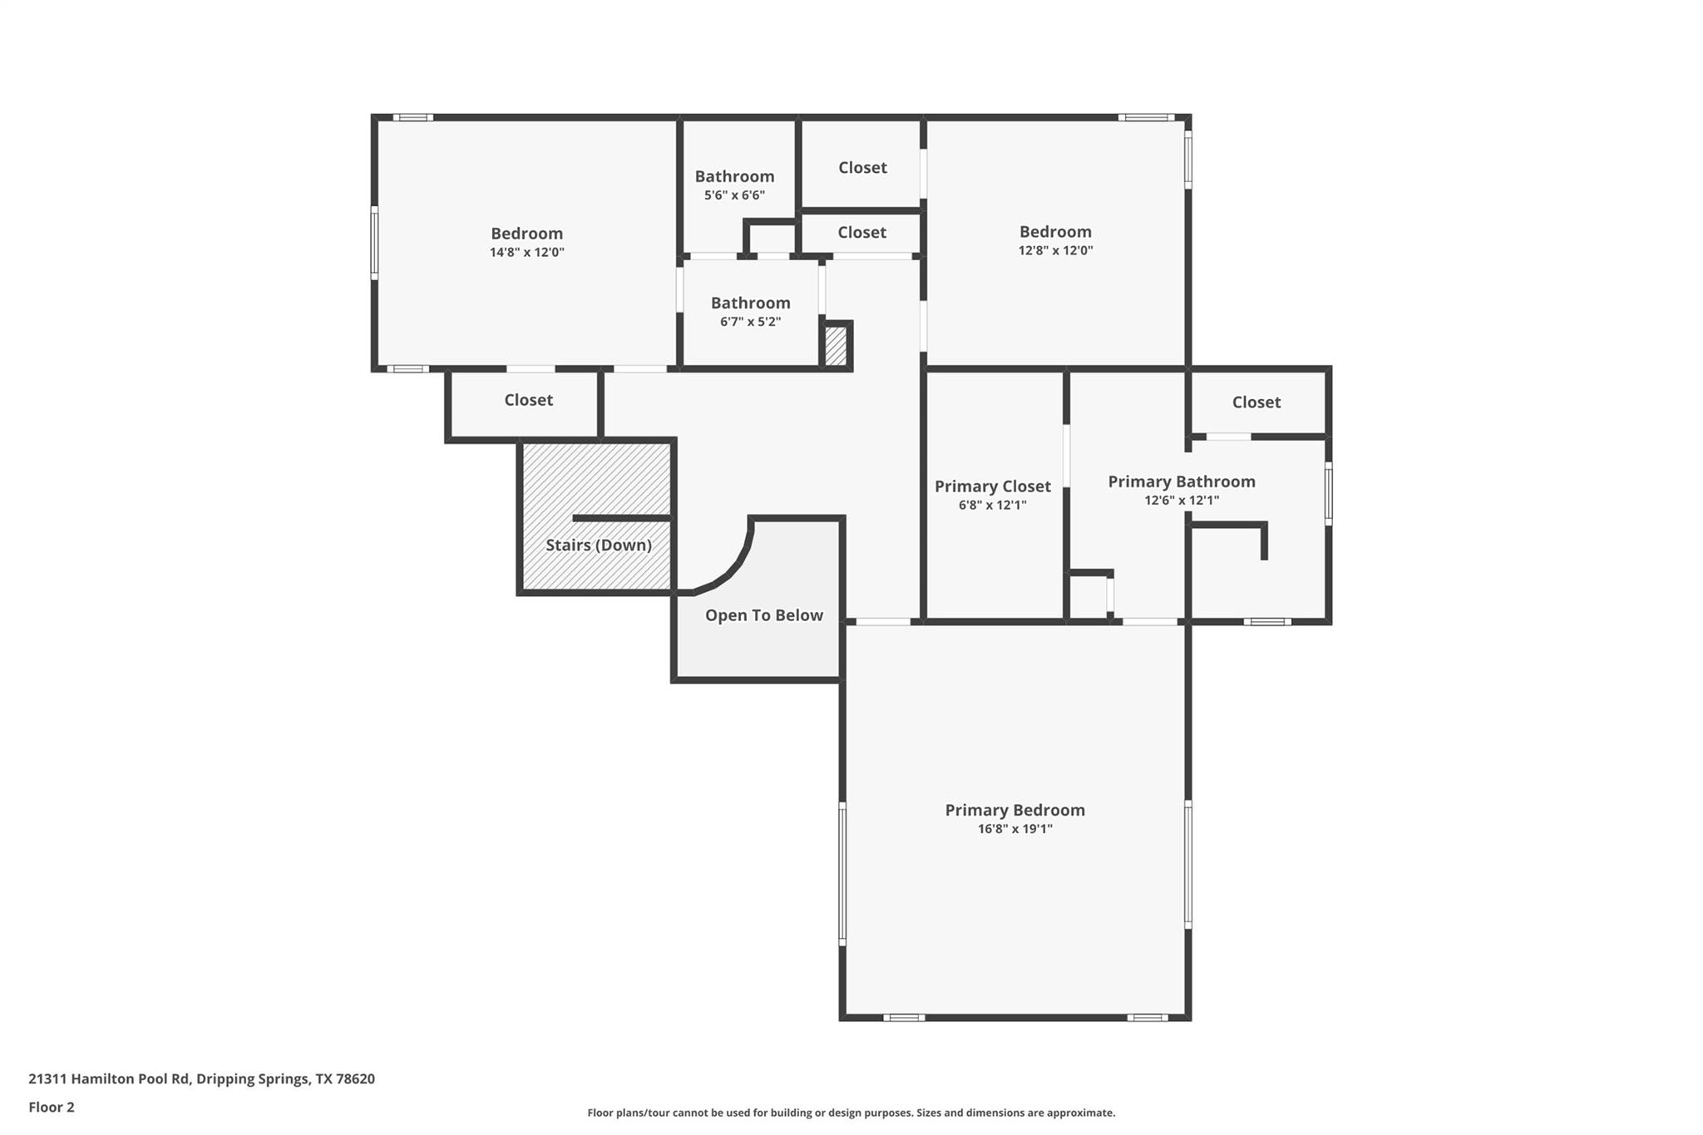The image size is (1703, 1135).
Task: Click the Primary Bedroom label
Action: (1014, 810)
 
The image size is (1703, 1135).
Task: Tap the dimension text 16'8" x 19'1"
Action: (1014, 829)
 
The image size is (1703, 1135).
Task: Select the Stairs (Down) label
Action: (598, 545)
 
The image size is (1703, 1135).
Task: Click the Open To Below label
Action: (763, 615)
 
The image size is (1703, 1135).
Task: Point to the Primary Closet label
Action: (992, 486)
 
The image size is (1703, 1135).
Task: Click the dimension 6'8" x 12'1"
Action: (992, 505)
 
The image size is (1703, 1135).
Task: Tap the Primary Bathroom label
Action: (1181, 481)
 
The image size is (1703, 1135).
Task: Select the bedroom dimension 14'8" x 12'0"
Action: (526, 252)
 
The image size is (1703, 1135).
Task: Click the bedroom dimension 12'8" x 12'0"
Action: (1055, 250)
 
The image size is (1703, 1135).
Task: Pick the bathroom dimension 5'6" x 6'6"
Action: (734, 195)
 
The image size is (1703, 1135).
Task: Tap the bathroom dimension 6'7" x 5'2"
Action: (750, 322)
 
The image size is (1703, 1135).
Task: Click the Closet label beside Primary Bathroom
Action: (1256, 402)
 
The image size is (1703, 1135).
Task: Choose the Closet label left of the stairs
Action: (528, 400)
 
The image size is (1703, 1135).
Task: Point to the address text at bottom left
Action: (201, 1079)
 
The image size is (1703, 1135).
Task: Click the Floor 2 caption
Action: (51, 1108)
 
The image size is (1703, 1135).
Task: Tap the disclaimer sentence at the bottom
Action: (851, 1113)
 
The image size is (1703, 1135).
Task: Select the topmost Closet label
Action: (862, 168)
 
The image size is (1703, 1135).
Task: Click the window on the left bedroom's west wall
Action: (375, 243)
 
